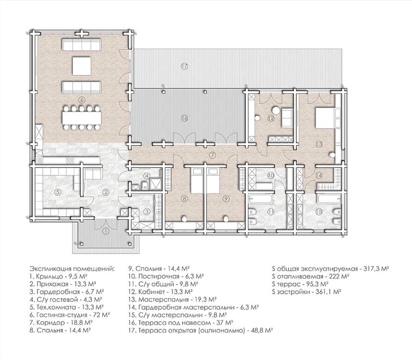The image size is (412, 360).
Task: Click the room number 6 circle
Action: [x=82, y=100]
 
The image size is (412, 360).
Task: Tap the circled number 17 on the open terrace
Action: [x=184, y=66]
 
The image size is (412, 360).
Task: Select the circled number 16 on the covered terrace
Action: [x=184, y=118]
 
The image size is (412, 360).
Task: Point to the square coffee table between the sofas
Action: [x=82, y=66]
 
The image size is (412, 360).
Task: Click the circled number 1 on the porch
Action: [x=106, y=231]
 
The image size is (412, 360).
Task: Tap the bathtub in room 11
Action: [x=260, y=199]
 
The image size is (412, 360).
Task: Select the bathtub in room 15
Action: [x=329, y=199]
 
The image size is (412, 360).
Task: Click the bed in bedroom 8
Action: [x=197, y=180]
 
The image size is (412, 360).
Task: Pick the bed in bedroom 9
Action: [x=213, y=180]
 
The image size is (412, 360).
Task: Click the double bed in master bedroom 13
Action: [x=325, y=118]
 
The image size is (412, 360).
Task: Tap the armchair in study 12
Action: [x=287, y=119]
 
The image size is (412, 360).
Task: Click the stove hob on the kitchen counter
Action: [x=70, y=161]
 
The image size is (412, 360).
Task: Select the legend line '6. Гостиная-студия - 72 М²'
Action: [x=70, y=315]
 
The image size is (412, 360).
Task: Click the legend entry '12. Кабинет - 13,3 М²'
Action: [x=160, y=292]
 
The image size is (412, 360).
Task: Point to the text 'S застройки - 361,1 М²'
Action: [x=307, y=292]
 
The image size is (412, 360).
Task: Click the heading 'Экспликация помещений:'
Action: [x=72, y=269]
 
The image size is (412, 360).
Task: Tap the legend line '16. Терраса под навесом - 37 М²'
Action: [x=181, y=323]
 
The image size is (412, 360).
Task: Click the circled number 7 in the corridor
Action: [x=212, y=155]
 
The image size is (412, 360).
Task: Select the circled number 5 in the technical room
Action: [x=58, y=192]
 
